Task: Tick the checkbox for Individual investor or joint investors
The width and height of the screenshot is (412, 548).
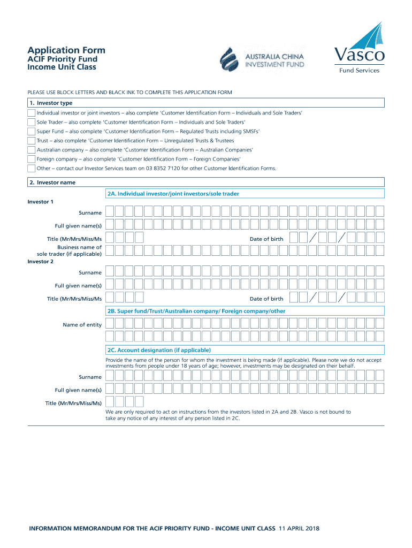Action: click(32, 113)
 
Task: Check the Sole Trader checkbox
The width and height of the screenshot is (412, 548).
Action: click(32, 123)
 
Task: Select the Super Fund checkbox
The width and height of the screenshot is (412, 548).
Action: click(32, 132)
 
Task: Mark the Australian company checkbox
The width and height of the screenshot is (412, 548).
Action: click(32, 150)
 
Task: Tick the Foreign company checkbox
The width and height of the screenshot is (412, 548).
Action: click(32, 159)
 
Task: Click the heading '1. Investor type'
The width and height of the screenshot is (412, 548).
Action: click(51, 103)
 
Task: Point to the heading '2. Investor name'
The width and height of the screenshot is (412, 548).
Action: click(52, 182)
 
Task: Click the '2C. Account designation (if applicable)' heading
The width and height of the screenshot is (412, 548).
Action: click(159, 350)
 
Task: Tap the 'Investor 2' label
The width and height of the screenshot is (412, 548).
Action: click(41, 262)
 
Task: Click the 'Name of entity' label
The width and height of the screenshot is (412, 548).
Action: click(82, 325)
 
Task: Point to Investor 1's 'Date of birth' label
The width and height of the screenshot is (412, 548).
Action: click(266, 239)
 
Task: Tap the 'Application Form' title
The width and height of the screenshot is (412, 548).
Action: click(66, 50)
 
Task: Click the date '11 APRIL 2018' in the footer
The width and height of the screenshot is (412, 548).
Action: click(299, 529)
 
